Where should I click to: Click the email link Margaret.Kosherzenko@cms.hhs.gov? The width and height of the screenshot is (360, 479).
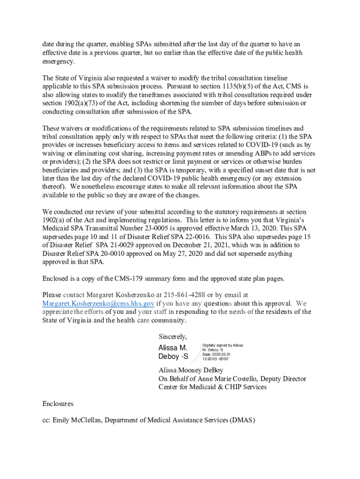[x=98, y=303]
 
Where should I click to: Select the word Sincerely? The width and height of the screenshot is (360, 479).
[x=173, y=336]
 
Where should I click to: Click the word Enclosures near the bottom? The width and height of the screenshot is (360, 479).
[x=58, y=404]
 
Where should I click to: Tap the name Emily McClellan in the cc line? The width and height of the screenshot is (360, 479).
[x=76, y=421]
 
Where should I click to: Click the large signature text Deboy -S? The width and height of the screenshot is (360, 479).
[x=173, y=356]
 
